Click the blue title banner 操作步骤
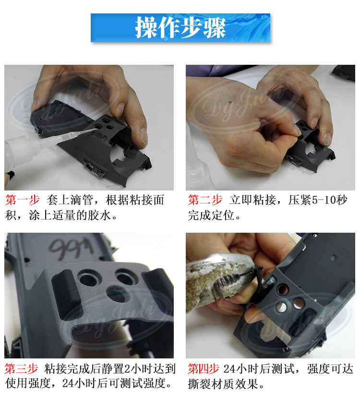(x=180, y=28)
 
